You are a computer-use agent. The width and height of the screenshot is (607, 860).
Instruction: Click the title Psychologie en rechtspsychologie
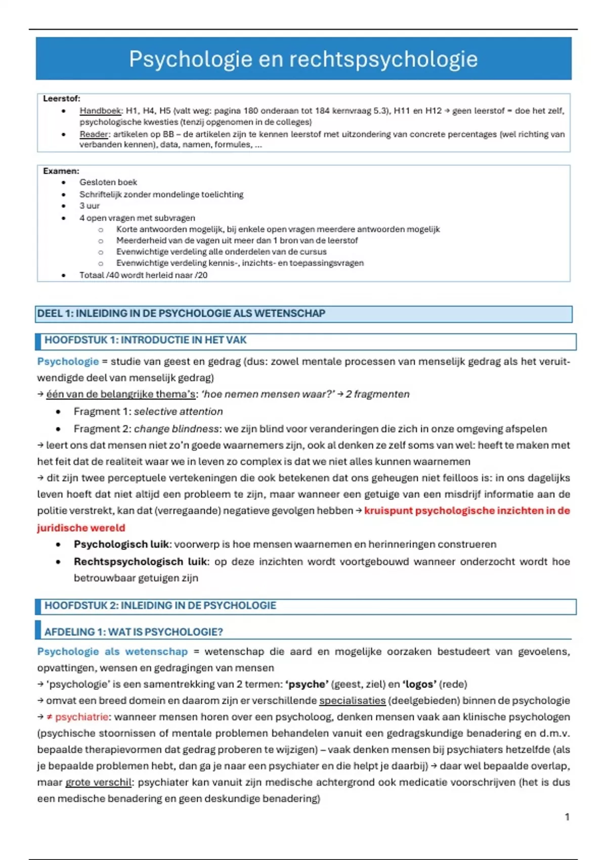point(303,59)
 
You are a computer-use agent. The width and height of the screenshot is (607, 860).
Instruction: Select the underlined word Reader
point(94,134)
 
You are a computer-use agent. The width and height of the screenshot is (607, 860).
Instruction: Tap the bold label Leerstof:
point(62,99)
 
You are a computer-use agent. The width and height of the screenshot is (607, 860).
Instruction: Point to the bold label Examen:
point(61,171)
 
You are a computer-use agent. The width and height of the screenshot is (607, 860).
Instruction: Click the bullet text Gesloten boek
point(108,182)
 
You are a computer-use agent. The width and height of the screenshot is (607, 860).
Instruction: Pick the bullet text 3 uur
point(90,206)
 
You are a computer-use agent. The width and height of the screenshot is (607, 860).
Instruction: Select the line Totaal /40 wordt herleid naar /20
point(143,275)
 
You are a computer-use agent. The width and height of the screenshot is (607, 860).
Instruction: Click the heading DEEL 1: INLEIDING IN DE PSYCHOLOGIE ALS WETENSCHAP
point(181,314)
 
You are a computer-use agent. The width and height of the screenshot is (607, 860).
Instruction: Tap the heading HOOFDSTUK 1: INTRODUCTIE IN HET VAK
point(145,340)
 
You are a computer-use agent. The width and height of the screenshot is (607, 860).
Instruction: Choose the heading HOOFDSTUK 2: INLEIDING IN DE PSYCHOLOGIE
point(160,606)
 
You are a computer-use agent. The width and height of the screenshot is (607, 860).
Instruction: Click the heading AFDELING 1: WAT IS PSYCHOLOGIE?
point(134,632)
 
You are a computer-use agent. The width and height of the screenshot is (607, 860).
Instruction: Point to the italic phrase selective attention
point(178,412)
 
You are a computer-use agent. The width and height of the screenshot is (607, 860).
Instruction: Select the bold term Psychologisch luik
point(121,544)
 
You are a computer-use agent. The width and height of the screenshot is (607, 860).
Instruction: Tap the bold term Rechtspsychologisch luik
point(140,562)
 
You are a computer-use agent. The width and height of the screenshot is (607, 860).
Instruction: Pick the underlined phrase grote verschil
point(98,783)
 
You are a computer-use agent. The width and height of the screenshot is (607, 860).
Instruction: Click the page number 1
point(567,817)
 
